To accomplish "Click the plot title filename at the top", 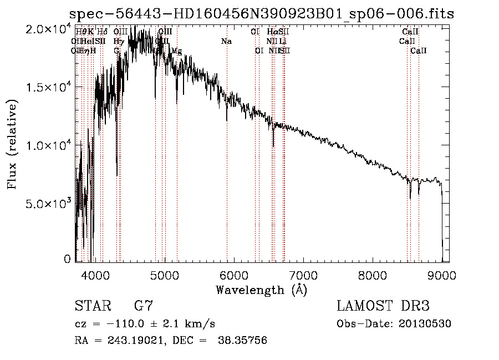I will click(x=261, y=14).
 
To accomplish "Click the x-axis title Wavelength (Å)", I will click(x=261, y=290).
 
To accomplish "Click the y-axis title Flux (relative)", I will click(x=12, y=144).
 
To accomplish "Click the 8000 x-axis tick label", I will click(x=373, y=275).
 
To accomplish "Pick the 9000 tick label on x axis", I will click(x=442, y=275).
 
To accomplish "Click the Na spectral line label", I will click(x=226, y=42).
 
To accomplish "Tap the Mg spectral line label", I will click(x=176, y=51).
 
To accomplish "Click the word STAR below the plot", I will click(x=91, y=306).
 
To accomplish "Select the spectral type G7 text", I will click(x=143, y=306).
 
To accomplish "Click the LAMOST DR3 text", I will click(x=383, y=306).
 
